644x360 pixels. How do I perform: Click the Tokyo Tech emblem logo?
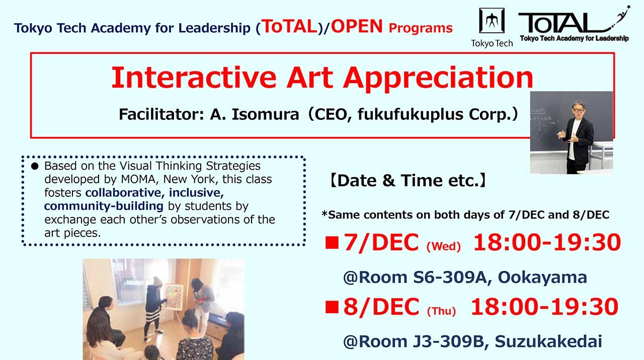[x=492, y=21]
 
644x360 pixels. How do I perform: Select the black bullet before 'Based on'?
[x=35, y=166]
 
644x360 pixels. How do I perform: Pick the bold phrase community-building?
[x=104, y=206]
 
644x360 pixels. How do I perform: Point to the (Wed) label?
[x=443, y=247]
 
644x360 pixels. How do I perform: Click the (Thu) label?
[x=441, y=311]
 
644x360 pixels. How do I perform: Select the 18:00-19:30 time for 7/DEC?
[x=547, y=243]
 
